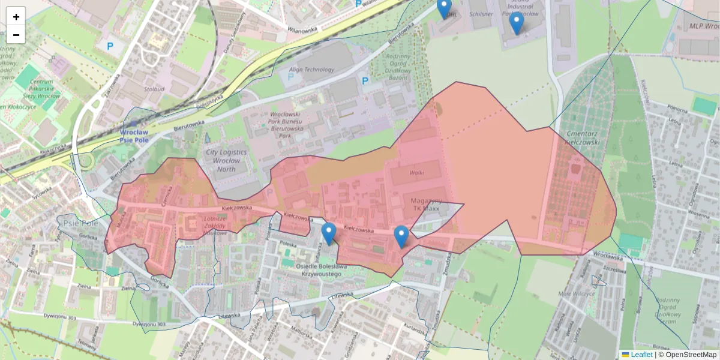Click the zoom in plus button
[x=16, y=17]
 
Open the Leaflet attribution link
[x=641, y=355]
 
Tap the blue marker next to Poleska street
[x=328, y=233]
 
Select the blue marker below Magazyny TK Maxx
[x=401, y=236]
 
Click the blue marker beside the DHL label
[x=443, y=8]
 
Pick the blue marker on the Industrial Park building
[x=516, y=22]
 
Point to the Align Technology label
[x=311, y=70]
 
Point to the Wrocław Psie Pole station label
[x=133, y=136]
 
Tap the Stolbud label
[x=154, y=89]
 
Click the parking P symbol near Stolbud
[x=110, y=46]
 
